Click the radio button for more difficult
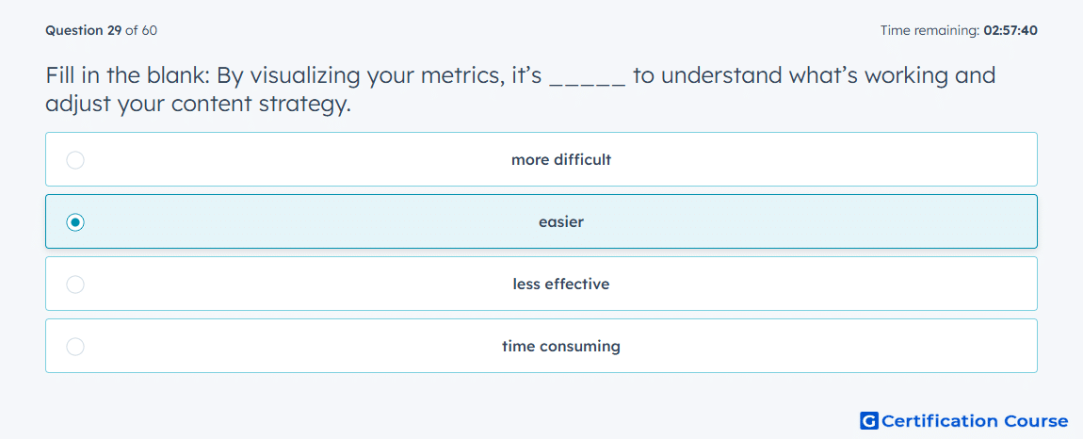pos(75,160)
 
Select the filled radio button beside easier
pos(75,222)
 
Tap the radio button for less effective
pos(75,285)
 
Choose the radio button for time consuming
pos(75,347)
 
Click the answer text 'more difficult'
pos(561,160)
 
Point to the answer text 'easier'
pos(561,222)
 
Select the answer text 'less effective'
pos(561,285)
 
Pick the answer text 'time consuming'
pos(561,347)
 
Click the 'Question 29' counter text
pos(84,30)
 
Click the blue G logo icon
pos(869,420)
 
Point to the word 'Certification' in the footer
pos(940,420)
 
